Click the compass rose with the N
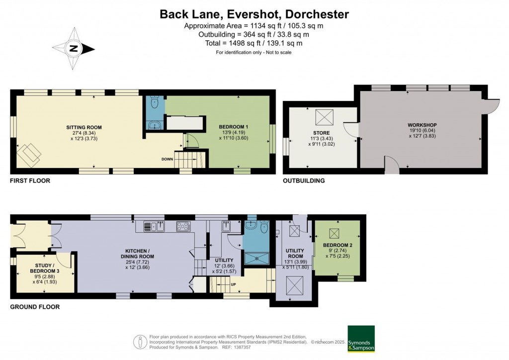click(x=74, y=49)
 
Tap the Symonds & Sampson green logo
click(x=361, y=339)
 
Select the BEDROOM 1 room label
click(x=234, y=127)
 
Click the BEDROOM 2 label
click(x=338, y=246)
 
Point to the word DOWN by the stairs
click(x=168, y=159)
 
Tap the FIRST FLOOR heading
click(x=30, y=181)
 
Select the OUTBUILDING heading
click(x=304, y=181)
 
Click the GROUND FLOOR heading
click(x=35, y=307)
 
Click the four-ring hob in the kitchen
click(x=182, y=227)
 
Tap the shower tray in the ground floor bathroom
click(x=257, y=257)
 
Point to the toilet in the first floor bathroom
click(x=155, y=104)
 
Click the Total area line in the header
click(x=254, y=43)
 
